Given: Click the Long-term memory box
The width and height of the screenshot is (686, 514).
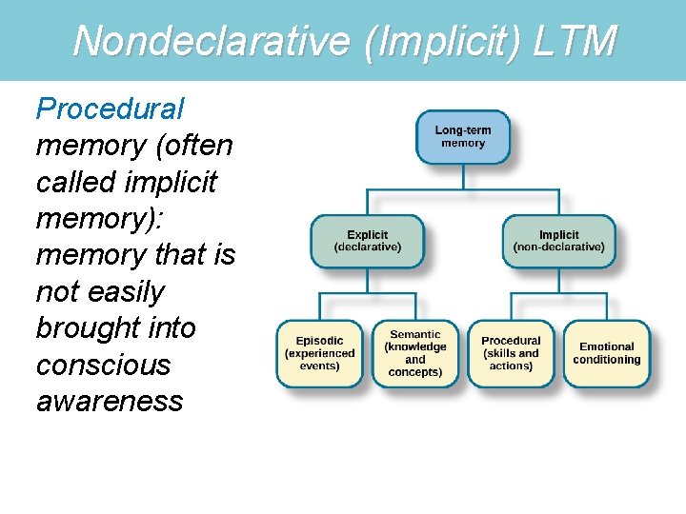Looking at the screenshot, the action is coord(463,137).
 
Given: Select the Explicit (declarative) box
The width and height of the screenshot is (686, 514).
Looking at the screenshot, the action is coord(368,241).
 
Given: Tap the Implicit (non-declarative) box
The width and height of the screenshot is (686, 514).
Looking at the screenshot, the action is coord(558,241).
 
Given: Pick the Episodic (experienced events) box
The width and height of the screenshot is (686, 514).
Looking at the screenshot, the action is coord(319,353).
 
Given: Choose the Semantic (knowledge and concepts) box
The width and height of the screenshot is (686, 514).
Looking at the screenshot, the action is coord(415,353).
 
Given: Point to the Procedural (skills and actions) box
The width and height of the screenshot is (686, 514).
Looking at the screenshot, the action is coord(511,353).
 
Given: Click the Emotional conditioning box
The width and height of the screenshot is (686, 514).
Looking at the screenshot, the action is coord(606,353).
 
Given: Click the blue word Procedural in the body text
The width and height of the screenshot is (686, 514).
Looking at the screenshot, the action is coord(111,109).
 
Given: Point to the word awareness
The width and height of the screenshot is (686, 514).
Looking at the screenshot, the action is coord(110,401).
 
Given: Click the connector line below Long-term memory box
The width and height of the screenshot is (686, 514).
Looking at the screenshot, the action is coord(463,177).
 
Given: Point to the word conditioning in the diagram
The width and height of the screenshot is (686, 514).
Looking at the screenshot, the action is coord(607,360).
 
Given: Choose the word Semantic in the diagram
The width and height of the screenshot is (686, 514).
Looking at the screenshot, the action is coord(415,334).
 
